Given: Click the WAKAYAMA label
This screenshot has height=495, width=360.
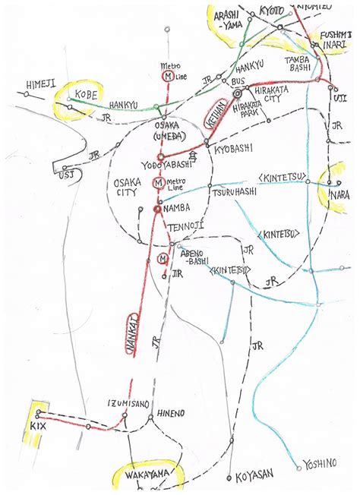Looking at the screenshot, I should [146, 475].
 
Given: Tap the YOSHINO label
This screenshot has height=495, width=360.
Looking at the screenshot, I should [323, 463].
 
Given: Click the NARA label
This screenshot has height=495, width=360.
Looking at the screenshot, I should [339, 195].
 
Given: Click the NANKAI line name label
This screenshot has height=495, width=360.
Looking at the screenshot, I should [134, 335].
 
